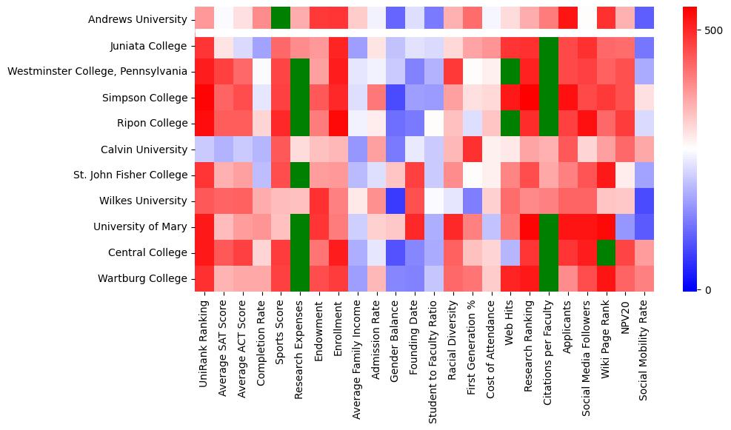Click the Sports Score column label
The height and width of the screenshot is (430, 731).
tap(281, 337)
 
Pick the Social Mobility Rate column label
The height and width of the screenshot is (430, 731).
tap(645, 355)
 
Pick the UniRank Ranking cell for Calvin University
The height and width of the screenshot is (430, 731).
tap(204, 150)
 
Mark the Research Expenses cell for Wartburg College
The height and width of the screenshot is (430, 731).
tap(301, 278)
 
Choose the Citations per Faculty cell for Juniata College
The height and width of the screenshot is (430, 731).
tap(549, 46)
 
